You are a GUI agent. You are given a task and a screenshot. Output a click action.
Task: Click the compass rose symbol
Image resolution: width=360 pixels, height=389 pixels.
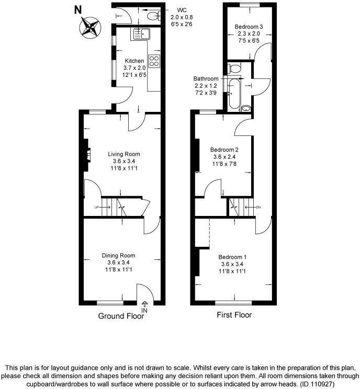tap(90, 27)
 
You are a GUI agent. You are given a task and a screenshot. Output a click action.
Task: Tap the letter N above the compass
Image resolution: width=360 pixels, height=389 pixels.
tap(78, 9)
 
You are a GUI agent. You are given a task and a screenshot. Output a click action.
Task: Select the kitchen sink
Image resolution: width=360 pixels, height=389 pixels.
tap(141, 33)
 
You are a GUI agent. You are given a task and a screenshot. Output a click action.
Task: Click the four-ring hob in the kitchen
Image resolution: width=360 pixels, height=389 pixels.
tap(155, 61)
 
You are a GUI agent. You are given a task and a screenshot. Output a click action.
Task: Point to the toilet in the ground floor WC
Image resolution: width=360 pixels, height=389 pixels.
tap(153, 17)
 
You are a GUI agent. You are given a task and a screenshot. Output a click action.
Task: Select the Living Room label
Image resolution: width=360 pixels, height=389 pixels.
tap(124, 154)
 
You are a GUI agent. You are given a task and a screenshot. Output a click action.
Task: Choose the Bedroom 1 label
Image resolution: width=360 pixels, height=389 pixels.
tap(232, 257)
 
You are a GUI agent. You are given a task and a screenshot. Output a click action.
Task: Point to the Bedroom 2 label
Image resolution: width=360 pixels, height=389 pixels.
tap(222, 150)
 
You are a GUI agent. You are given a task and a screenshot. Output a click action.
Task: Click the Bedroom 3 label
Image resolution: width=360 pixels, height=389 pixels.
tap(249, 27)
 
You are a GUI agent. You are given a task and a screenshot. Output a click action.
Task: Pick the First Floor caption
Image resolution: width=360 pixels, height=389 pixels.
tap(234, 315)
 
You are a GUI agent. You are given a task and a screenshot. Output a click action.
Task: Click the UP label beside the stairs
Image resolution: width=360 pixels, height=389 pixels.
tap(96, 208)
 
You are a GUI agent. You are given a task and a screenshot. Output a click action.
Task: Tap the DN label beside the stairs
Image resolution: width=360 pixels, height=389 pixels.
tap(258, 208)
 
